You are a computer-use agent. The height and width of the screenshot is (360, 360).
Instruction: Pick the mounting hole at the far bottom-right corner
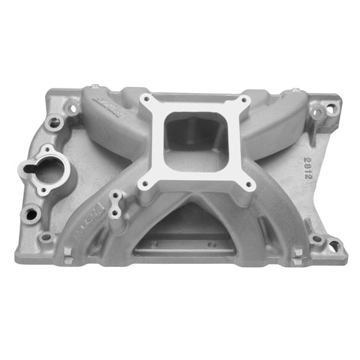317,240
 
